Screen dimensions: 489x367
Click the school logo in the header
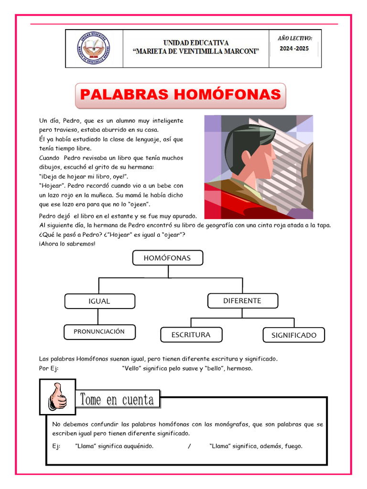click(x=94, y=49)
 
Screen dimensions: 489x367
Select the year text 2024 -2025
click(x=295, y=48)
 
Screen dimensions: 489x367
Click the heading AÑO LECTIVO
click(x=295, y=38)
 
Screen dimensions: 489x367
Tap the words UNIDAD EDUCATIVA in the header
click(x=196, y=43)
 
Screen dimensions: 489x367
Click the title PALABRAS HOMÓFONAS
click(x=180, y=95)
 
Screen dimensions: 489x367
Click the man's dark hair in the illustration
click(x=241, y=138)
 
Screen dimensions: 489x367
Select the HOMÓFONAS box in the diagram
click(x=167, y=258)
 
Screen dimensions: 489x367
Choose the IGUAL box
click(x=99, y=301)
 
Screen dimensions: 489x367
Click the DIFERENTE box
click(x=242, y=300)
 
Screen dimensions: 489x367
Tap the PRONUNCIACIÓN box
click(x=99, y=331)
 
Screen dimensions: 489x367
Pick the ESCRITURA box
click(x=191, y=335)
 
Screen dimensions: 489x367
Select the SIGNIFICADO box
click(x=293, y=335)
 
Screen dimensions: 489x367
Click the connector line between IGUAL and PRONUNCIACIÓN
click(x=98, y=317)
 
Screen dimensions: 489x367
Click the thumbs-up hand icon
click(x=57, y=397)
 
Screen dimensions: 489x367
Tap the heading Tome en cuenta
click(x=117, y=399)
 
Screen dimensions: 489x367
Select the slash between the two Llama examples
click(x=189, y=446)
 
